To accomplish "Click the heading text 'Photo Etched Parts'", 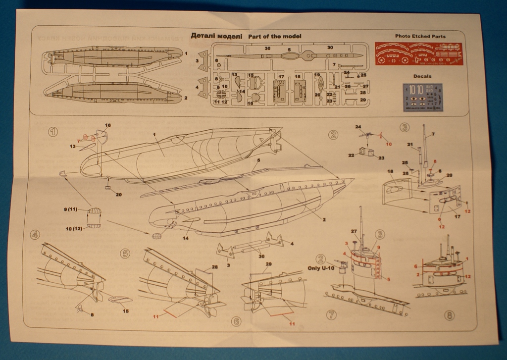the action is click(x=420, y=36).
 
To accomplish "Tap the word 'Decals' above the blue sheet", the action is click(x=422, y=76).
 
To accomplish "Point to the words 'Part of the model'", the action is click(x=274, y=37).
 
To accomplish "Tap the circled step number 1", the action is click(x=52, y=132).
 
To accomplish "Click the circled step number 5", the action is click(x=125, y=254).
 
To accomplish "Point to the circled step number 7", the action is click(x=332, y=314).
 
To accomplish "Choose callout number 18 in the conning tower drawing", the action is click(x=390, y=171).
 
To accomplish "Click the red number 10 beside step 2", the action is click(x=389, y=144).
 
